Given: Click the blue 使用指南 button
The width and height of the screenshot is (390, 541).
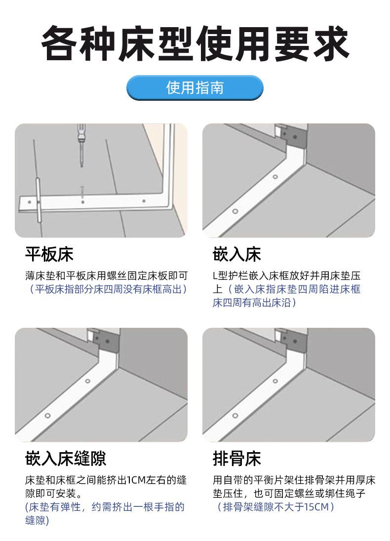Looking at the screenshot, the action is pos(195,88).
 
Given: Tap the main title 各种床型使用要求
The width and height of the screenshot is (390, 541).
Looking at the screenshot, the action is pos(195,43).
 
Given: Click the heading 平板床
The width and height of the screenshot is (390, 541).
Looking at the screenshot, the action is pos(49,254).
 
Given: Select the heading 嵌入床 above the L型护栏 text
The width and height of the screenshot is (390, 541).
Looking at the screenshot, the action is pos(237,254).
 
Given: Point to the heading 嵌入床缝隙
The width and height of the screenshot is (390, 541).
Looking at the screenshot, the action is pos(66,459).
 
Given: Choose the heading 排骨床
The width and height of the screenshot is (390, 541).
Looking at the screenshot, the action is pos(237,459).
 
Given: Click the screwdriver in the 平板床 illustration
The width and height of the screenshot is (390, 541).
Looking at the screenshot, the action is pos(81,146).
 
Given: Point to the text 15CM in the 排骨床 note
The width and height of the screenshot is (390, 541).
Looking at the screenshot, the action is pos(316,507).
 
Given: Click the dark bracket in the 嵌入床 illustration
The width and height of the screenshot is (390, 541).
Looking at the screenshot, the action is pos(294,136).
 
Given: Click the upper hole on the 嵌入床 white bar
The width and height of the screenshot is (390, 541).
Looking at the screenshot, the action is pos(275,177).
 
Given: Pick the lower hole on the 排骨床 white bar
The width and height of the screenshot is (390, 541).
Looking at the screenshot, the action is pos(235,416).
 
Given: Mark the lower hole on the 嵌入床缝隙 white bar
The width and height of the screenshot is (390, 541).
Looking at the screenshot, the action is pos(47,416).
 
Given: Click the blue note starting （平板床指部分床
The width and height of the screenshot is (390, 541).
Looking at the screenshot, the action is pos(107,289).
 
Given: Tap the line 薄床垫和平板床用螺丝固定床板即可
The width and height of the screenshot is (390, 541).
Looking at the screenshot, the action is pos(107,275).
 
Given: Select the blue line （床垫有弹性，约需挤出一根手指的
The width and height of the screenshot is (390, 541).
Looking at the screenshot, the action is pos(105,507).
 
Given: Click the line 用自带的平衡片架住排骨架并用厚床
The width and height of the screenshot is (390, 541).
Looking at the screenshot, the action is pos(294,480).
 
